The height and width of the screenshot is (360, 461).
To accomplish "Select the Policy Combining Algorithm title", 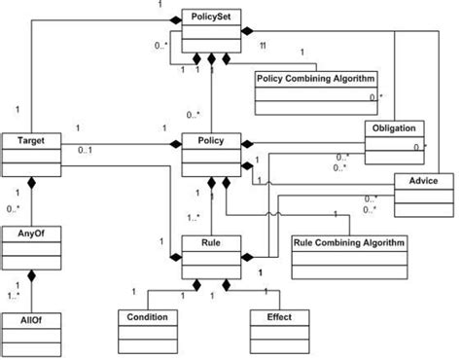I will point(316,78).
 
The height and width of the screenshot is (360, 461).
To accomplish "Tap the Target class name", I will point(29,141).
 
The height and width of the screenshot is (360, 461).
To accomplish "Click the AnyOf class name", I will point(29,234).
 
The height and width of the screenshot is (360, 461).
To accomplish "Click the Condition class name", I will point(148,317).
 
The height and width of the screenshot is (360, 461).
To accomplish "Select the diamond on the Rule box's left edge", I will point(176,258).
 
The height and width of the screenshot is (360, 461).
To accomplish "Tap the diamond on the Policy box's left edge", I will point(176,143).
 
